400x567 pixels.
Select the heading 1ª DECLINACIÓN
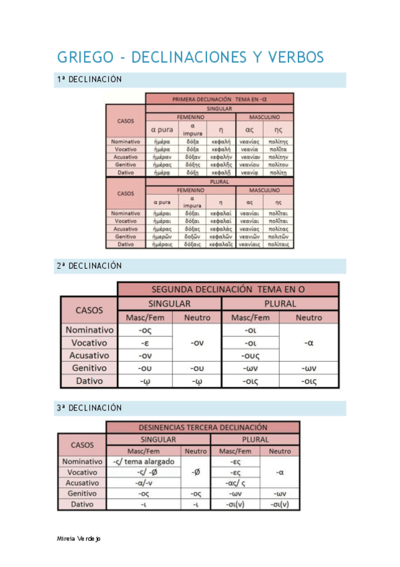[89, 80]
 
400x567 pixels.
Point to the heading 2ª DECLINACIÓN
[89, 265]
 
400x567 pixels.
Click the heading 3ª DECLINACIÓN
[89, 407]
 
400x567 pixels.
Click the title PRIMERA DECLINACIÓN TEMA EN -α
[219, 99]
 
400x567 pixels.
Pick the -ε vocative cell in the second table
[144, 342]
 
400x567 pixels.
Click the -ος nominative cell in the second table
[144, 330]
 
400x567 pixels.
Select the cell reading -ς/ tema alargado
[144, 461]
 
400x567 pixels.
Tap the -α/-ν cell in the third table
[144, 483]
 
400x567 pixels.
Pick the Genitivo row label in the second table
[89, 368]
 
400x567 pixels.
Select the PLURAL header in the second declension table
[280, 304]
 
